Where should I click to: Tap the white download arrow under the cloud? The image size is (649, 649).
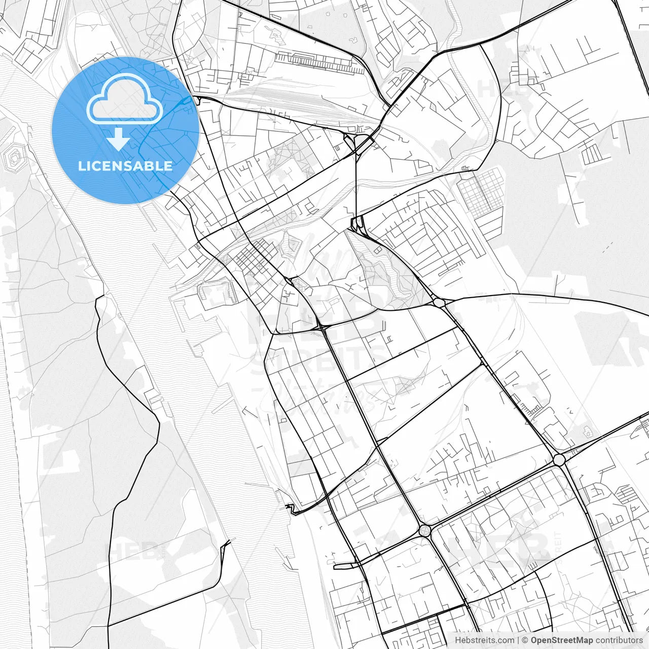coord(119,139)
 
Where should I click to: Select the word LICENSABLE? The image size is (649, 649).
coord(125,166)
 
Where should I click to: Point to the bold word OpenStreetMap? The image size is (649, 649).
coord(561,640)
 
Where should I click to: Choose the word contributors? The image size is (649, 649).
coord(619,640)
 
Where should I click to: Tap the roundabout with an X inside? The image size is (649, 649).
coord(425,531)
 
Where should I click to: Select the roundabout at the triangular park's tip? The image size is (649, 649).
coord(439,302)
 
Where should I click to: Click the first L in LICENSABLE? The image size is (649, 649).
coord(81,166)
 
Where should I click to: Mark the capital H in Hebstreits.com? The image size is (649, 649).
coord(458,640)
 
